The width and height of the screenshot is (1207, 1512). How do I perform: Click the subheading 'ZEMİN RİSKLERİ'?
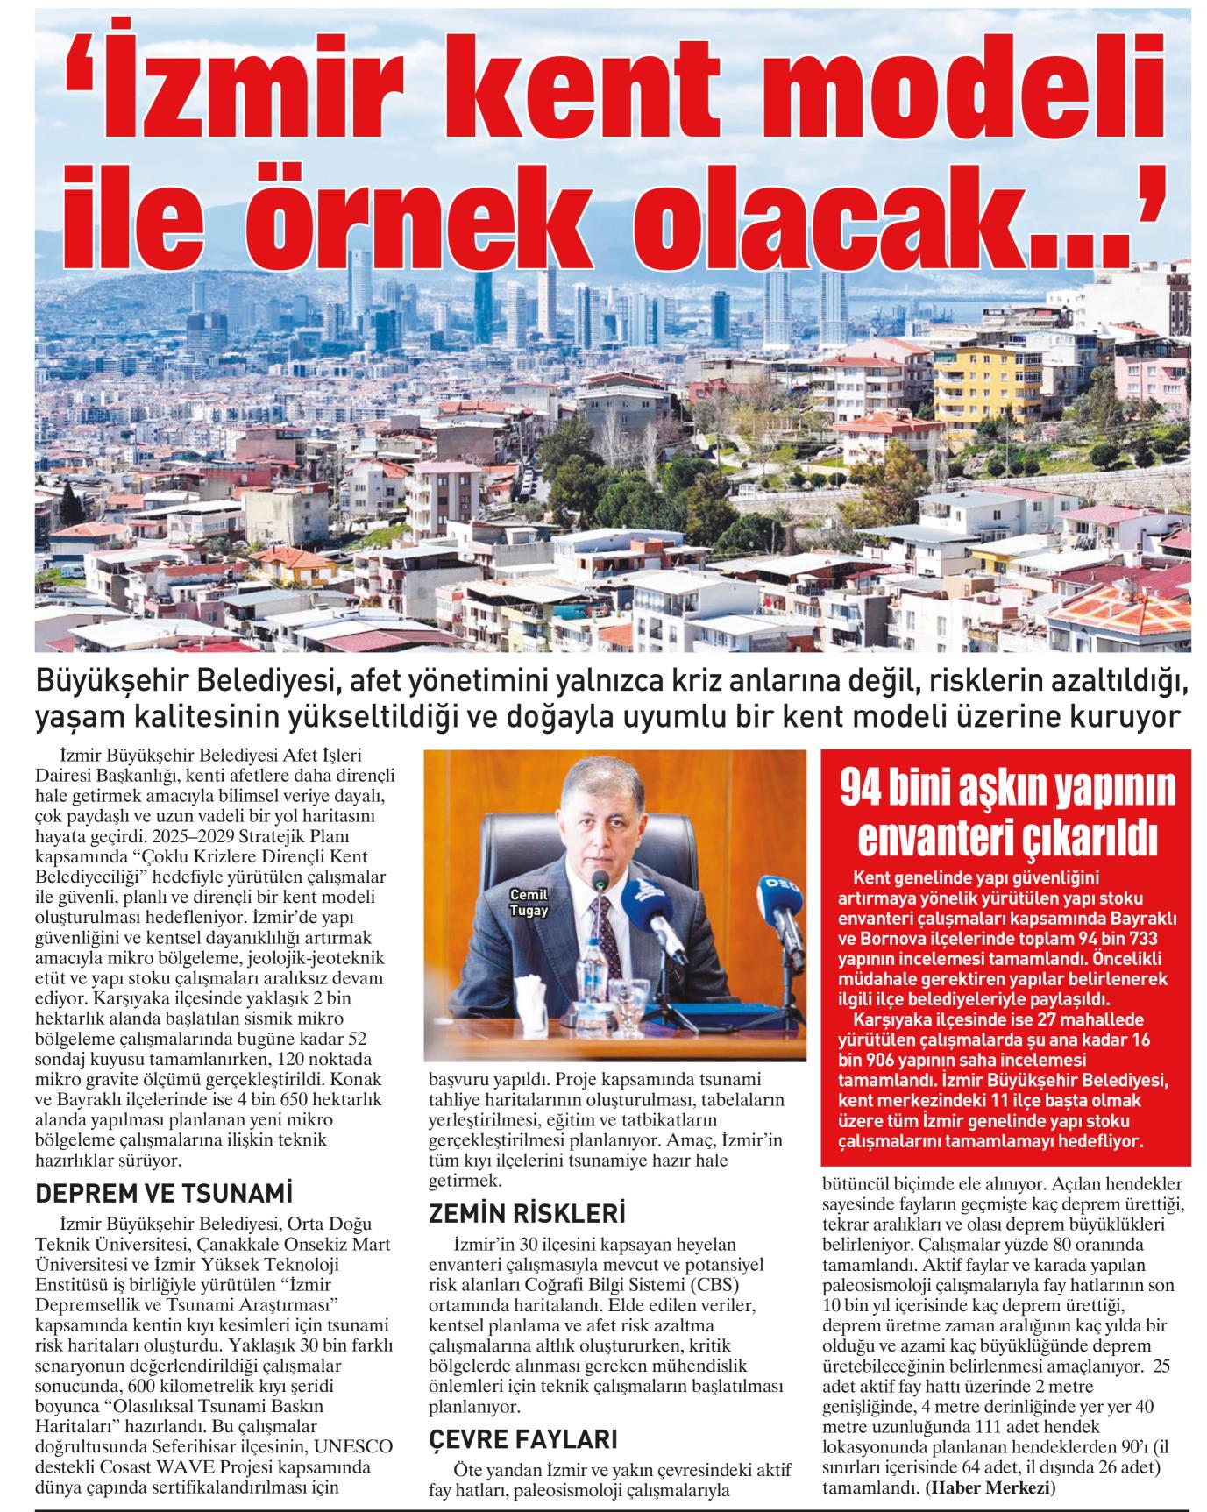pos(527,1214)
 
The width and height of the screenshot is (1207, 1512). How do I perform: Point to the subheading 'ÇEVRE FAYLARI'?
pos(523,1439)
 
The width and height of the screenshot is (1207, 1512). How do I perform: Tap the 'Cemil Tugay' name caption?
pos(529,902)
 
